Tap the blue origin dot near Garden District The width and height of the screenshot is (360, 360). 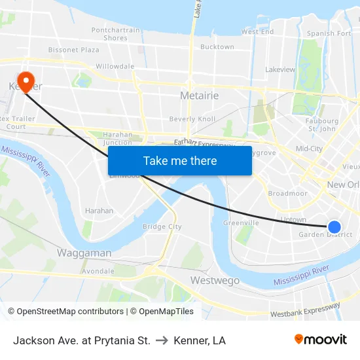pos(334,227)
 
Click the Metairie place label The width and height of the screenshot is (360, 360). pos(199,96)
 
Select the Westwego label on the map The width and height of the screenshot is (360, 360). pos(215,281)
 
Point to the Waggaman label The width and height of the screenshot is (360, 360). pos(84,253)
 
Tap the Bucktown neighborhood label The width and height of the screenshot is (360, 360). pos(217,47)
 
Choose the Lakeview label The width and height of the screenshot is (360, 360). pos(280,69)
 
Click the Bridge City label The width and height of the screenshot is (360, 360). pos(162,226)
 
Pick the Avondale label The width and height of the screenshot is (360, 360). pos(98,271)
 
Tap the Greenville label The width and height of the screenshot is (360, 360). pos(241,223)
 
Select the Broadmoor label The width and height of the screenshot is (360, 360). pos(287,194)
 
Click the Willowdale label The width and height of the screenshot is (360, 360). pos(115,66)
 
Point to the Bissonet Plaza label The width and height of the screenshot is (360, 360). pos(73,50)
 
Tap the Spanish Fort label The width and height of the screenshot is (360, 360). pos(329,33)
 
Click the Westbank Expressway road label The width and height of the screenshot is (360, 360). pos(305,310)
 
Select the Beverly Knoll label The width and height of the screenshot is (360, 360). pos(192,119)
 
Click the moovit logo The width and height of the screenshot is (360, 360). pos(320,339)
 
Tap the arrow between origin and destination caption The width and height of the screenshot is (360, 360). pos(162,340)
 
